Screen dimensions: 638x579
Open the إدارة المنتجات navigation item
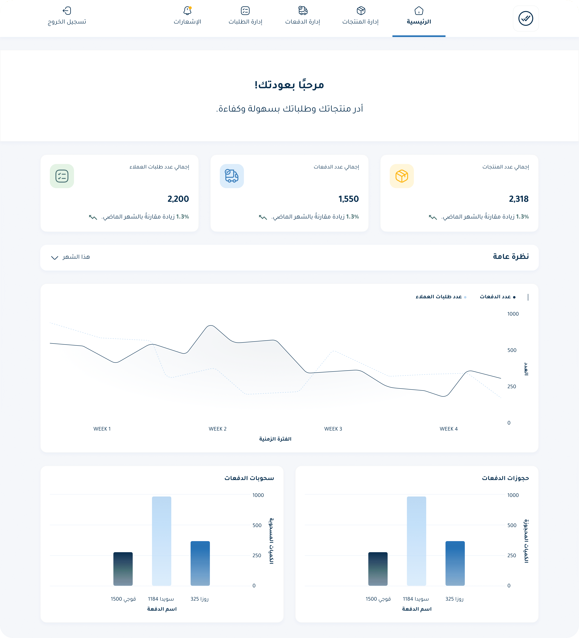(x=361, y=16)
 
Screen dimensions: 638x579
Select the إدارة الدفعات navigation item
(x=303, y=16)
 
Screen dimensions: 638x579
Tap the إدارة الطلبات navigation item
(x=245, y=16)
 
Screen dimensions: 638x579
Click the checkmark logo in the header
(x=526, y=18)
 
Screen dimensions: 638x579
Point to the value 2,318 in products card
(x=518, y=199)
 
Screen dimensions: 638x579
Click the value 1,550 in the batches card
(x=349, y=199)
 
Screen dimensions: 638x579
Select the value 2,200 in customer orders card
(x=178, y=199)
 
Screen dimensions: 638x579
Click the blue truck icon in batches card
(x=232, y=176)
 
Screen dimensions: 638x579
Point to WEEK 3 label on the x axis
(x=333, y=429)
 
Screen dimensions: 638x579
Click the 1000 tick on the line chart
(x=513, y=314)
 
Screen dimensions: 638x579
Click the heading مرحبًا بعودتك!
(x=289, y=85)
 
